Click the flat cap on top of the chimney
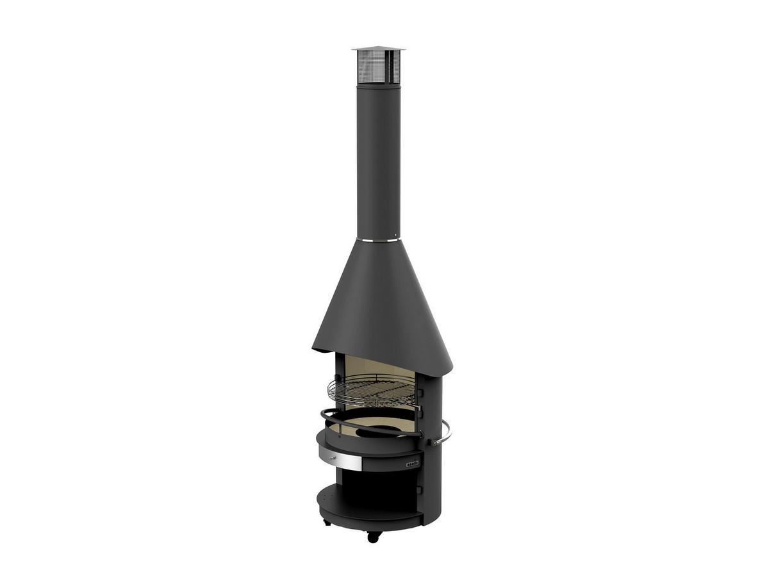378,49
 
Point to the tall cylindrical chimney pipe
378,160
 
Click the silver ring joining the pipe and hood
378,240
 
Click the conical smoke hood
381,301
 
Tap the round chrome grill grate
372,391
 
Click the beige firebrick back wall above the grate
378,368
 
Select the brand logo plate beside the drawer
412,463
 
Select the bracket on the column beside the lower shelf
420,489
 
